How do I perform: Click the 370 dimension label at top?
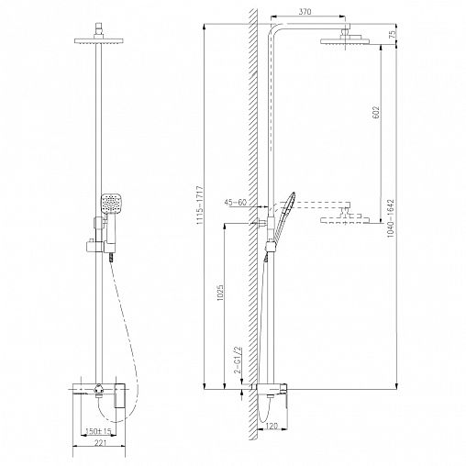[305, 12]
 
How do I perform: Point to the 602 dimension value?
[376, 112]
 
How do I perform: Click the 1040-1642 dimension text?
[391, 218]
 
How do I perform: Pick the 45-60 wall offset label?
[235, 203]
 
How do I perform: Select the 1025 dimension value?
[221, 294]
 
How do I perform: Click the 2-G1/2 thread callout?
[238, 361]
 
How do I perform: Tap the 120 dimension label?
[272, 426]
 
